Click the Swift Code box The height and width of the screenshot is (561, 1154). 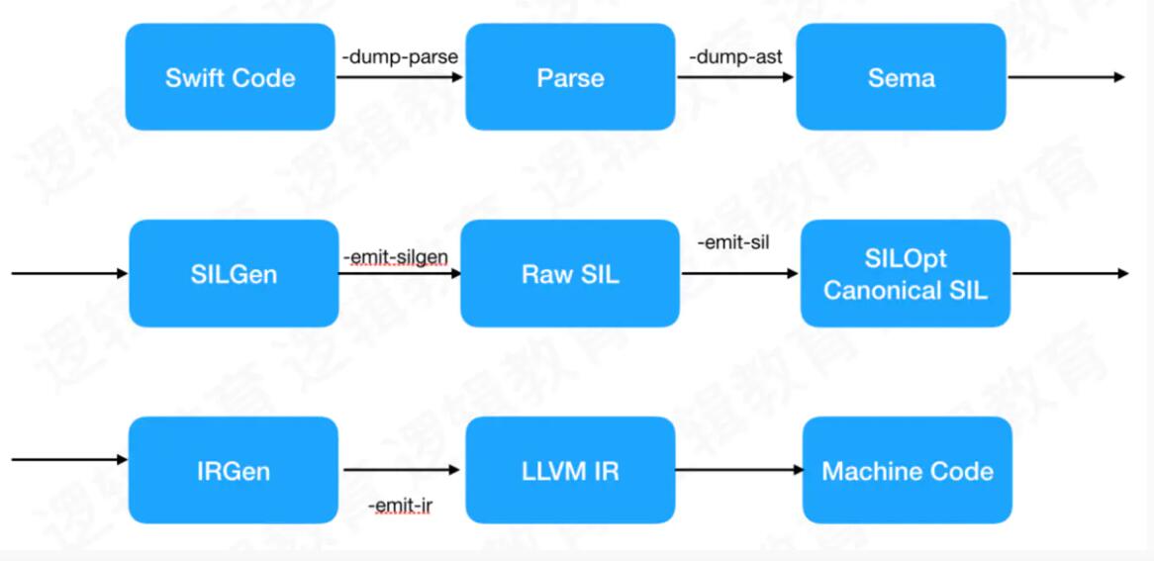tap(230, 77)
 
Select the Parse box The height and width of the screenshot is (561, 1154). tap(570, 77)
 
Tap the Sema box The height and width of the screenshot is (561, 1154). tap(901, 77)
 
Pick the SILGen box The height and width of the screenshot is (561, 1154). tap(233, 273)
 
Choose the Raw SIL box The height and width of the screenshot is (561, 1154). tap(570, 273)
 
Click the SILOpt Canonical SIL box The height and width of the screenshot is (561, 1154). tap(905, 273)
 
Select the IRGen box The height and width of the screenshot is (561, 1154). tap(233, 470)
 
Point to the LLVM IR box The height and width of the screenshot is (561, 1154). tap(570, 470)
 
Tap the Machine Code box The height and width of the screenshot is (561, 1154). tap(907, 470)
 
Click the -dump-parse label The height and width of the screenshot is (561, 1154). tap(400, 56)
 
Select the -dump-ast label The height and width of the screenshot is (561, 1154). tap(736, 56)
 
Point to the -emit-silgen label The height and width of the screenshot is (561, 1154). tap(396, 257)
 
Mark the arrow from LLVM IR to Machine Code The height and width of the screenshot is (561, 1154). tap(738, 471)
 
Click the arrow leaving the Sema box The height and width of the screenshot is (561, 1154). tap(1065, 77)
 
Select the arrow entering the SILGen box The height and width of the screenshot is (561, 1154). tap(69, 273)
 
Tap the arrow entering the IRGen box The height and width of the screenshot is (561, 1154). tap(69, 459)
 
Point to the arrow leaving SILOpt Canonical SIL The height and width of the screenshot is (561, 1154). tap(1069, 273)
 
